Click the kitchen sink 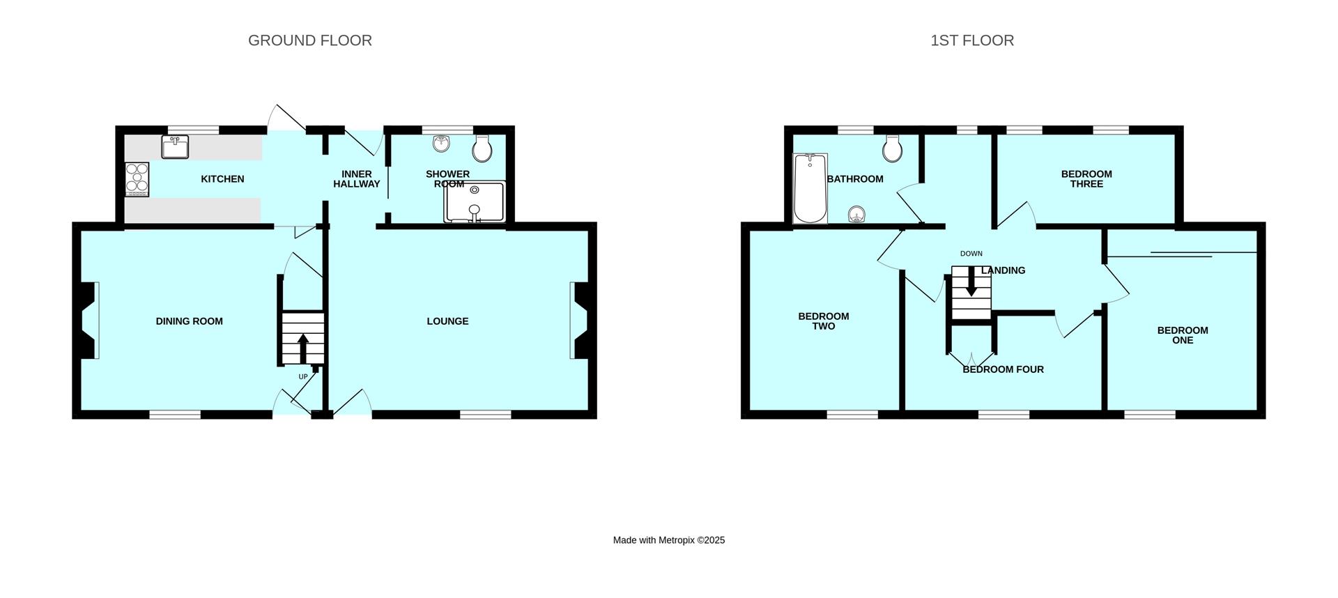[x=176, y=147]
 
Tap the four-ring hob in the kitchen [x=137, y=180]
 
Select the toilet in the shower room [x=482, y=148]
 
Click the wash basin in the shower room [x=441, y=144]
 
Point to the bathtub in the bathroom [x=810, y=188]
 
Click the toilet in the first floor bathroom [x=892, y=148]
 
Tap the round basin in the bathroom [x=857, y=214]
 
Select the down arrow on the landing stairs [x=970, y=282]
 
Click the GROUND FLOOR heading [x=310, y=40]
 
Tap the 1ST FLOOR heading [x=972, y=40]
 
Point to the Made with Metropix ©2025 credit [x=669, y=540]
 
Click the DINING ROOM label [x=190, y=321]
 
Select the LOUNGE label [x=447, y=321]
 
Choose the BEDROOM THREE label [x=1086, y=179]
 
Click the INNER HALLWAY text [x=357, y=179]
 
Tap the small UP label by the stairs [x=303, y=377]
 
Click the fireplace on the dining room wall [x=89, y=320]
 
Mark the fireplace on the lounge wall [x=579, y=320]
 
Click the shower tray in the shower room [x=475, y=203]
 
